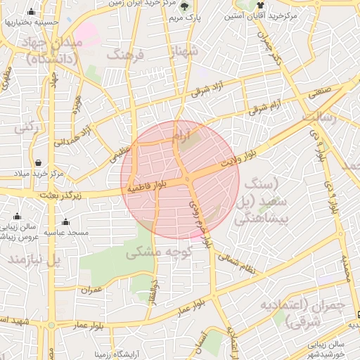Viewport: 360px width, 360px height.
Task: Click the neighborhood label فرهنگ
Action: click(x=125, y=55)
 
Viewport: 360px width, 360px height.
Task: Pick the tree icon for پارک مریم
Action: click(x=185, y=6)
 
